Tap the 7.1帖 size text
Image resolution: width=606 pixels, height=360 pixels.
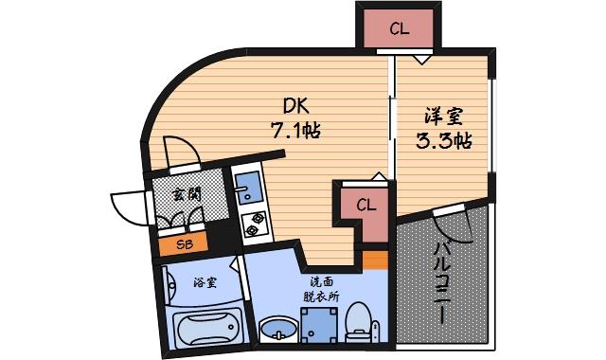[296, 132]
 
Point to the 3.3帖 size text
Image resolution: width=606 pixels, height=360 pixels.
[443, 143]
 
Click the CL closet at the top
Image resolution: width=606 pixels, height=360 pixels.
[399, 29]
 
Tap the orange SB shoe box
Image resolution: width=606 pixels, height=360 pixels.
[182, 244]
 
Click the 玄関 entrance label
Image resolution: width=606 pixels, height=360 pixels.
[186, 193]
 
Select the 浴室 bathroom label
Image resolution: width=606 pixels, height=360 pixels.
[204, 281]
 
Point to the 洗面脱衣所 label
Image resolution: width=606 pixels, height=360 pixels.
[321, 289]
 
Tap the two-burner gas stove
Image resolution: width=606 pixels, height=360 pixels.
[254, 225]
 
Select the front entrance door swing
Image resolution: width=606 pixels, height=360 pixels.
[128, 206]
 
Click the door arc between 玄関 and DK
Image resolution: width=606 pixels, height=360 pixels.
[180, 151]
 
